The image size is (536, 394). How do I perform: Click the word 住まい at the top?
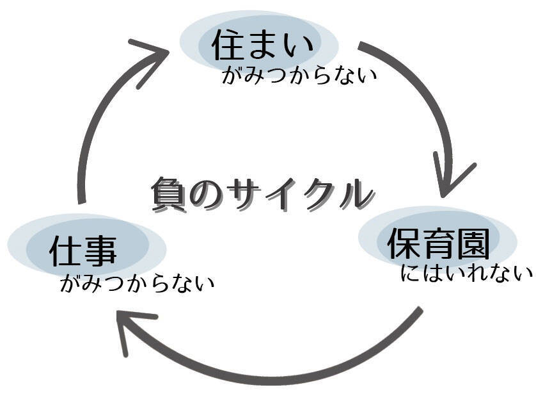click(263, 45)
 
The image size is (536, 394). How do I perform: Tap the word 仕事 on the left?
click(84, 250)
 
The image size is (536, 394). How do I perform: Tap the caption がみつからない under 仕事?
click(137, 283)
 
